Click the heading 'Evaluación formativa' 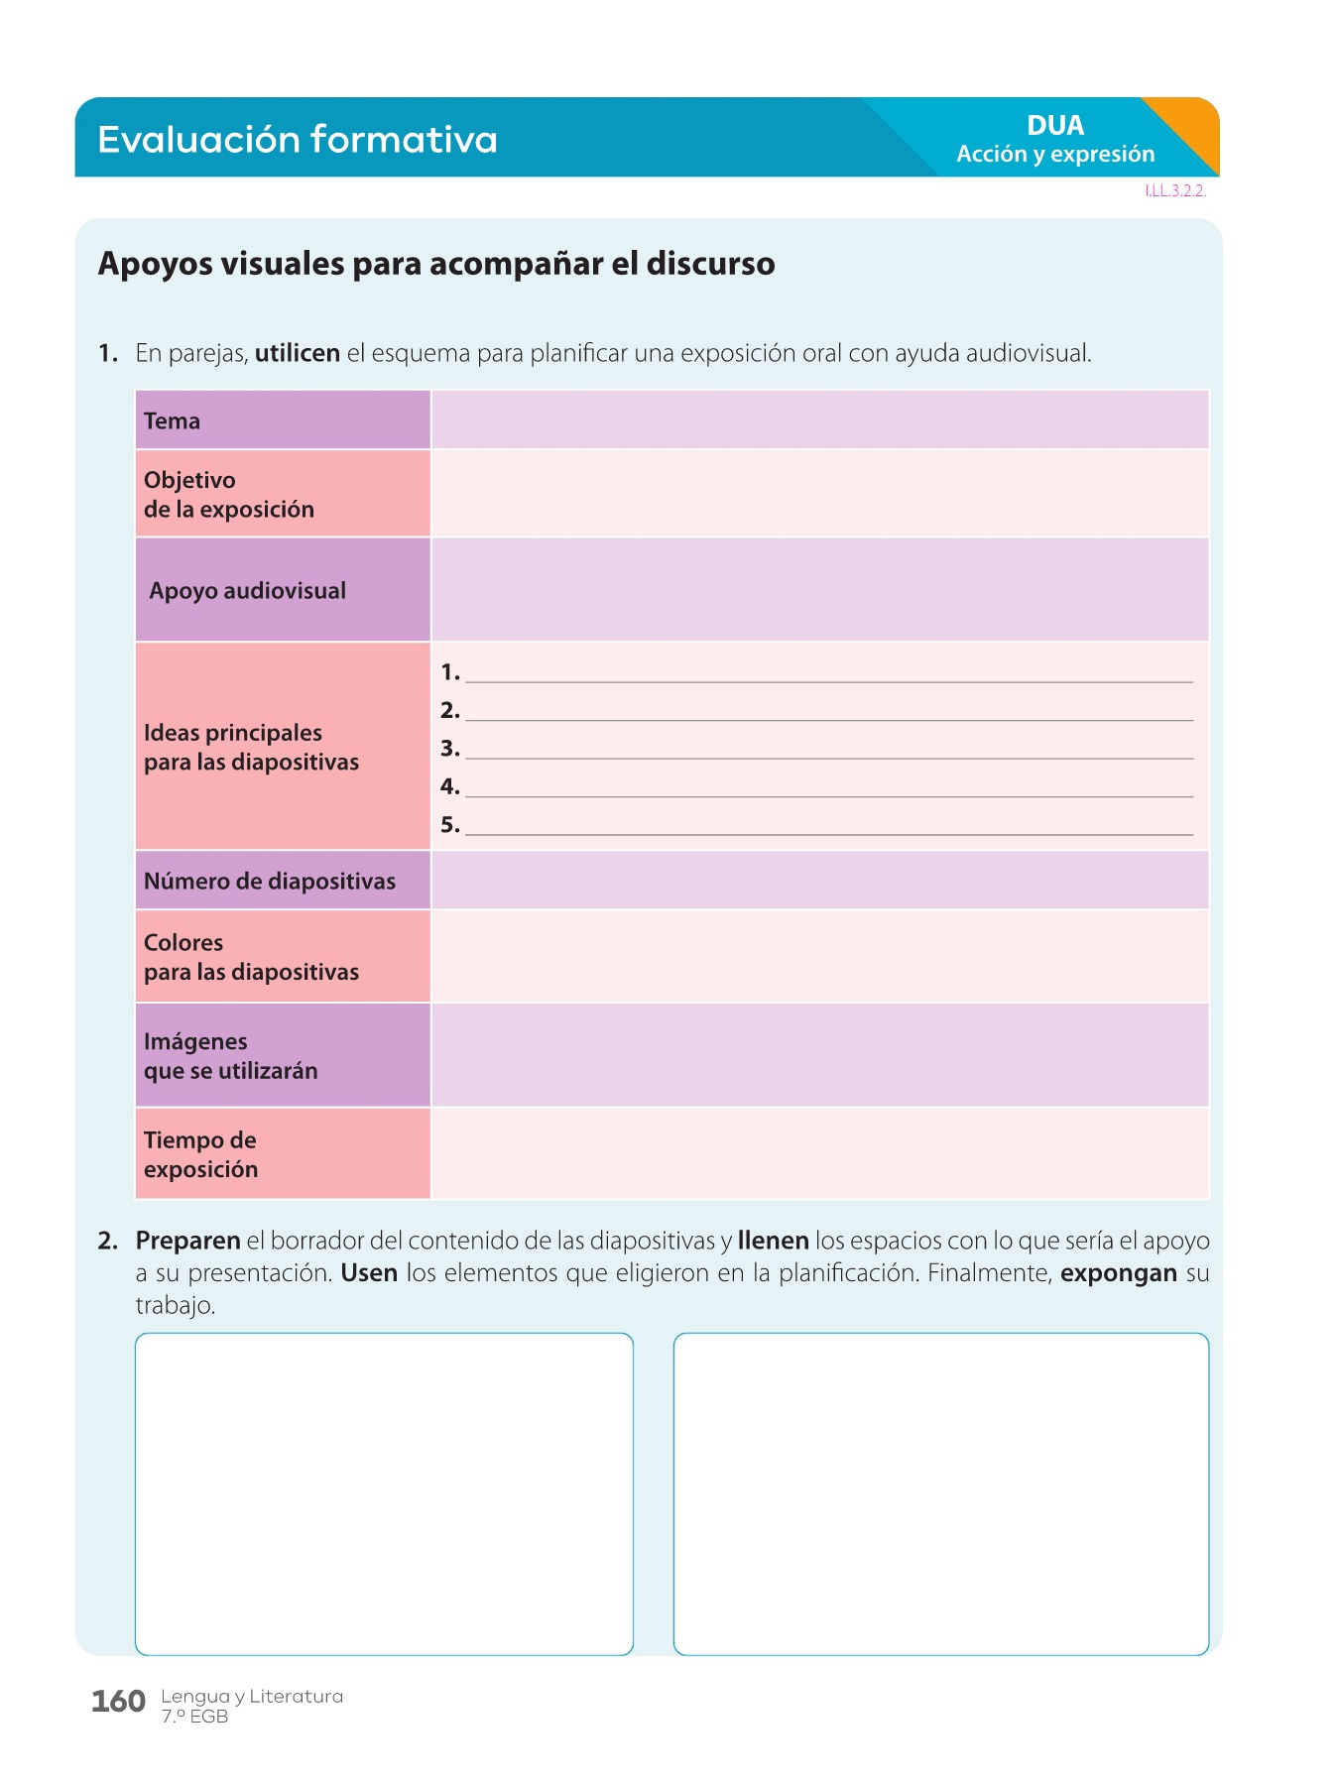click(x=297, y=140)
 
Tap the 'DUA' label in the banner click(x=1055, y=126)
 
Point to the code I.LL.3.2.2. click(x=1175, y=191)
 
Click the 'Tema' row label click(x=173, y=421)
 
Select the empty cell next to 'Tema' click(x=819, y=419)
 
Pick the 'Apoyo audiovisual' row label click(x=248, y=591)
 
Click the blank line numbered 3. click(x=828, y=750)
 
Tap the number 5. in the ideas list click(x=450, y=825)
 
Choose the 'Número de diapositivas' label click(x=270, y=882)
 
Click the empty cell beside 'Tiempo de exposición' click(x=819, y=1153)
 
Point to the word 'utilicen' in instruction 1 click(x=298, y=353)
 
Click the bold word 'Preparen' click(x=188, y=1241)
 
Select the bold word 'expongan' click(x=1119, y=1273)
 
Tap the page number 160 click(x=118, y=1702)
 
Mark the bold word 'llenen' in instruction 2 click(x=774, y=1241)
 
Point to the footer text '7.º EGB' click(x=194, y=1717)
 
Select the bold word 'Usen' click(x=369, y=1273)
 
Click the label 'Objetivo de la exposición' click(x=229, y=495)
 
